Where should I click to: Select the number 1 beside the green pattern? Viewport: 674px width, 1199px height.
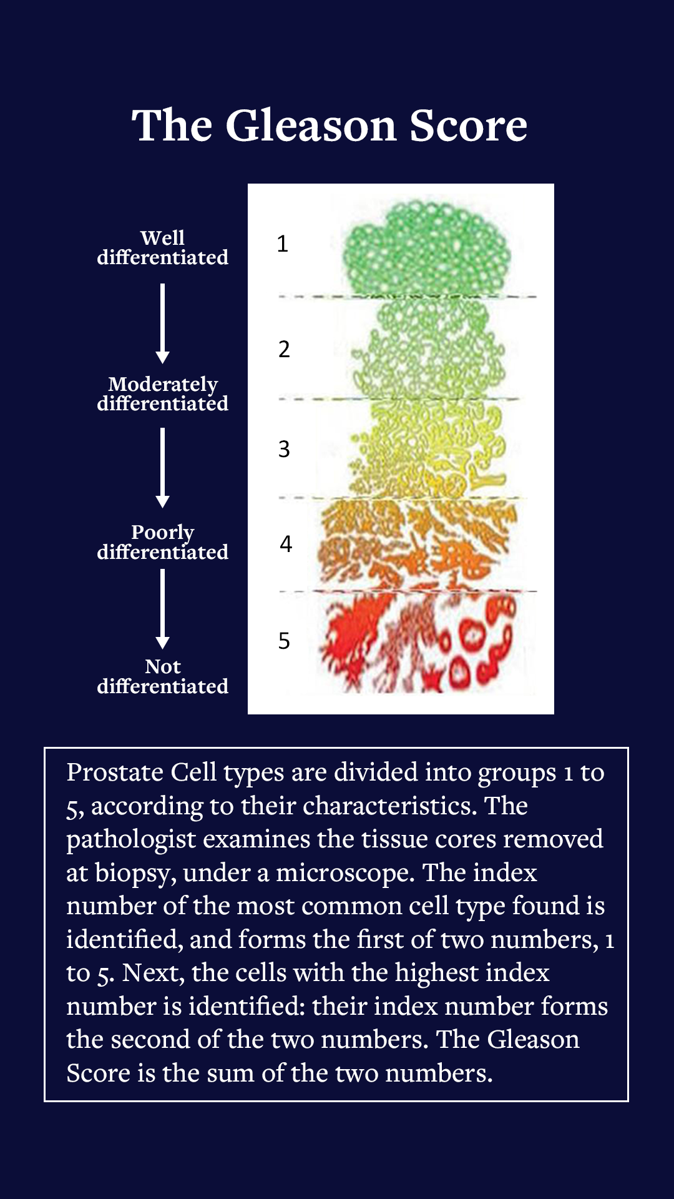pyautogui.click(x=283, y=244)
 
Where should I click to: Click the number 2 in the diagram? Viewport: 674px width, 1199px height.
pyautogui.click(x=284, y=349)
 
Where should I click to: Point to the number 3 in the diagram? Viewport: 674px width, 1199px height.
pyautogui.click(x=284, y=449)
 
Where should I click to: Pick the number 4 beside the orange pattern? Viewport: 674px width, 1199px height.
pyautogui.click(x=286, y=544)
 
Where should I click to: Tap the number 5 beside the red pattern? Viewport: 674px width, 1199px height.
pyautogui.click(x=284, y=641)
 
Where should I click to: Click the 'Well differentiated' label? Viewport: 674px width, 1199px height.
pyautogui.click(x=162, y=247)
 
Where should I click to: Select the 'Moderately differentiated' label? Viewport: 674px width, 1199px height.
pyautogui.click(x=162, y=393)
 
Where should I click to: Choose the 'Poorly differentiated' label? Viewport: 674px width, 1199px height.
pyautogui.click(x=162, y=542)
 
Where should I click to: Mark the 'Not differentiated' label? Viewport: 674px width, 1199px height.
pyautogui.click(x=162, y=676)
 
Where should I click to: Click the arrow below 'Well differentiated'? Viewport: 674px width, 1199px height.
pyautogui.click(x=162, y=323)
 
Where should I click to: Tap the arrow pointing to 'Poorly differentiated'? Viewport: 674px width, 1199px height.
pyautogui.click(x=162, y=468)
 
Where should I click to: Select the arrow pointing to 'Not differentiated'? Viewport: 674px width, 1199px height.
pyautogui.click(x=162, y=609)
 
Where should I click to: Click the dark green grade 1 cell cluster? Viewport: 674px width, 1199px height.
pyautogui.click(x=427, y=247)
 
